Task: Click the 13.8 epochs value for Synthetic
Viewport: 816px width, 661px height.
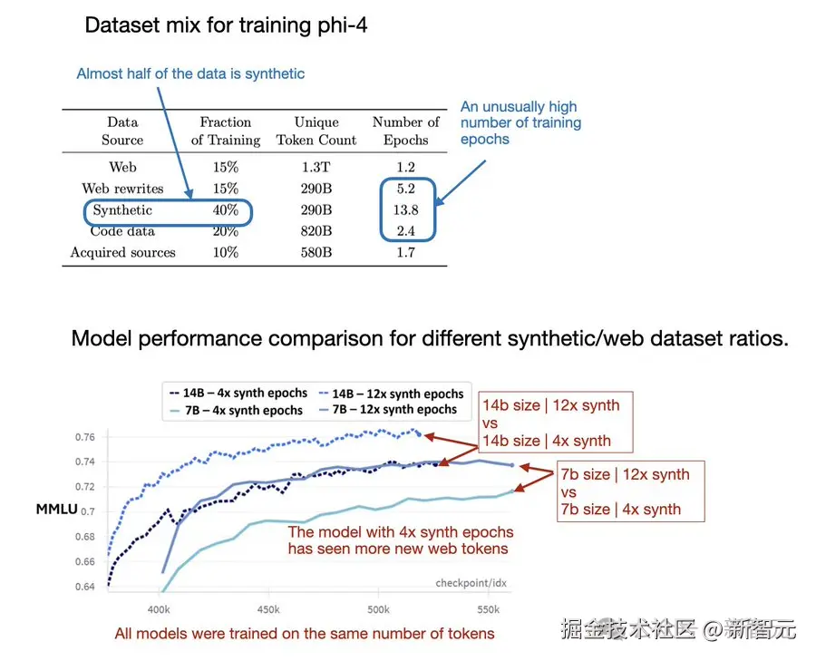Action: click(405, 209)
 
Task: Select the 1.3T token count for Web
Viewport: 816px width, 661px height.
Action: click(316, 167)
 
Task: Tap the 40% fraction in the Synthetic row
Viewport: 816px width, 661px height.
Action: click(226, 209)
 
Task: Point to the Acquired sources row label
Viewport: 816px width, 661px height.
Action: click(122, 252)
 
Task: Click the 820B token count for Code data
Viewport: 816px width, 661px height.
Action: click(316, 230)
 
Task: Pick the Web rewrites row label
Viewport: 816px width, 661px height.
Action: click(122, 189)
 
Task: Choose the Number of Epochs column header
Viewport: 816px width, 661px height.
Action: click(405, 131)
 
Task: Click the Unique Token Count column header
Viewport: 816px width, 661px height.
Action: click(316, 131)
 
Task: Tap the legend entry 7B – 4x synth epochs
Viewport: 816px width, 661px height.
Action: click(237, 410)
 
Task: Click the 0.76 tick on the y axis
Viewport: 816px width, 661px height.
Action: click(85, 437)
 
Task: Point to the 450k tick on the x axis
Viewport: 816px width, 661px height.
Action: click(268, 609)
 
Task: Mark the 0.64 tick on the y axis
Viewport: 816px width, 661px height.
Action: click(85, 587)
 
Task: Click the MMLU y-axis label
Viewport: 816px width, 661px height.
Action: click(57, 509)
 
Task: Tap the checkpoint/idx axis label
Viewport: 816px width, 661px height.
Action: click(471, 583)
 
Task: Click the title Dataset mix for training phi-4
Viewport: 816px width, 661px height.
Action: click(226, 25)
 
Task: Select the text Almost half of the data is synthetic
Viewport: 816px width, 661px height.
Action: click(190, 74)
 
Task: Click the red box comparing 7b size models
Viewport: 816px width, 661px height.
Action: click(631, 491)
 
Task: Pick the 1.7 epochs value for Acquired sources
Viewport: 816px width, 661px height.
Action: click(405, 252)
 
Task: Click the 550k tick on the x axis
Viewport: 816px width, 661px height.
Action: click(488, 609)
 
